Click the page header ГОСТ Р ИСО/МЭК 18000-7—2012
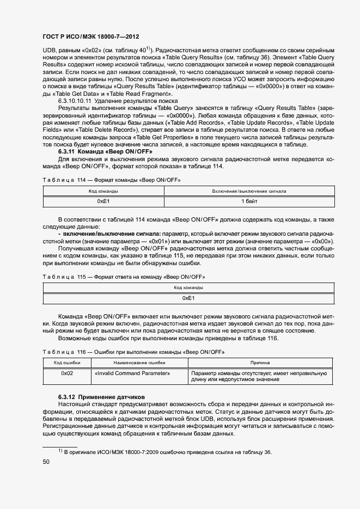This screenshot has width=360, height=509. [x=90, y=36]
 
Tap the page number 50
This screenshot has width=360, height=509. [x=46, y=462]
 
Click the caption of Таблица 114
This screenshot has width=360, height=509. [x=111, y=179]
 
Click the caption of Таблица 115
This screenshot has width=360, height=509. [x=124, y=277]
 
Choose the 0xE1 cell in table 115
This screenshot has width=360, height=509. [x=188, y=298]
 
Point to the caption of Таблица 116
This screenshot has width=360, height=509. [x=133, y=352]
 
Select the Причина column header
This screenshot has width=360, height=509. [x=260, y=363]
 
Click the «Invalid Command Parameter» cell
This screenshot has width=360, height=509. [x=132, y=373]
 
